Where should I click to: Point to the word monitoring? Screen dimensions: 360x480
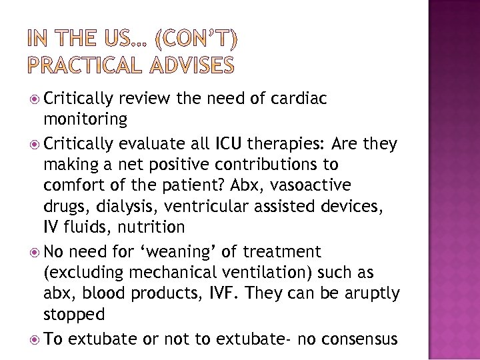point(85,120)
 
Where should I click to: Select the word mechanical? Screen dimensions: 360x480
point(184,273)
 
